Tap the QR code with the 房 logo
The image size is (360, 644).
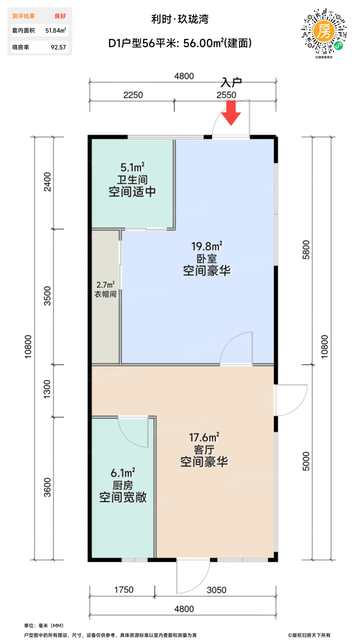pos(324,32)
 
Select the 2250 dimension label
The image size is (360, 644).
pos(133,95)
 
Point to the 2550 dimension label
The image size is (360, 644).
pos(226,95)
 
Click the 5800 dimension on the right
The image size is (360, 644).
pos(306,250)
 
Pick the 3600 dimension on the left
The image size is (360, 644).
pos(47,487)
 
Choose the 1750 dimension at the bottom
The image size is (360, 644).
pos(124,590)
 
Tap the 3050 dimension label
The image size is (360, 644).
pos(217,590)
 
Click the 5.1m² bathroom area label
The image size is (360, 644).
pos(133,167)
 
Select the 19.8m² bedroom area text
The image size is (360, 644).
pos(207,246)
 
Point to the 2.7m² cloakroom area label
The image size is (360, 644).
pos(105,285)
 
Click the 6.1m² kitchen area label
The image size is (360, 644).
pos(123,473)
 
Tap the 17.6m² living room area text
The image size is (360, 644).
pos(204,437)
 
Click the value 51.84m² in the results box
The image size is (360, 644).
pos(56,30)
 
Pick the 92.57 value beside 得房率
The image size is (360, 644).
pos(58,47)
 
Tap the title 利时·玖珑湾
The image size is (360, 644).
pos(180,19)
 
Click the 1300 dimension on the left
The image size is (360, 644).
pos(47,389)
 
